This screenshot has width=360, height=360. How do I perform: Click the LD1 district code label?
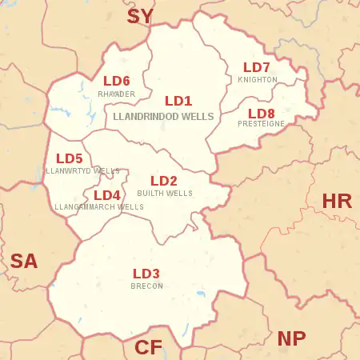tap(178, 102)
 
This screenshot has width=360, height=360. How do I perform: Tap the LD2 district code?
tap(164, 181)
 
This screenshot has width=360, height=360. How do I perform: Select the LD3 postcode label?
tap(146, 274)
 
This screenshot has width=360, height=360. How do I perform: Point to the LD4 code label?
tap(107, 195)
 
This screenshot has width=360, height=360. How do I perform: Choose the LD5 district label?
tap(70, 158)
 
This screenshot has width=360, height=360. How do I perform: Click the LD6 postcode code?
tap(117, 81)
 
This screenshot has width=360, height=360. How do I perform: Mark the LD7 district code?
tap(257, 67)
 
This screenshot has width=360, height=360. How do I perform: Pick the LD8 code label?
tap(261, 113)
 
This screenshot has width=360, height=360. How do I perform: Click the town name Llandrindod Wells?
tap(164, 117)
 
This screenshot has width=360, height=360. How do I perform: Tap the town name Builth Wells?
tap(165, 194)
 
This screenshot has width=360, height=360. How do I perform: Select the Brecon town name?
tap(146, 286)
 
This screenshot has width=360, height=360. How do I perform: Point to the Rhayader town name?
tap(117, 94)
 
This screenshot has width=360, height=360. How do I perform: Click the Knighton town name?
tap(258, 80)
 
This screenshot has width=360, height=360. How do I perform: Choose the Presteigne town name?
tap(261, 124)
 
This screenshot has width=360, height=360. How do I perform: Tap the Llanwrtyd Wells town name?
tap(83, 171)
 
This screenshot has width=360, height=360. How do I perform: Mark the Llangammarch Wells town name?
tap(99, 207)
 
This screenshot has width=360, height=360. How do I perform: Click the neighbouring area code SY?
tap(140, 16)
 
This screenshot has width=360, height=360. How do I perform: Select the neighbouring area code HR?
tap(337, 201)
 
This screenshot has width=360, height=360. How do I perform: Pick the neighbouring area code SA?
tap(24, 261)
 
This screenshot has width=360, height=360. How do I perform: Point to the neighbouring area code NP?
tap(291, 338)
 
